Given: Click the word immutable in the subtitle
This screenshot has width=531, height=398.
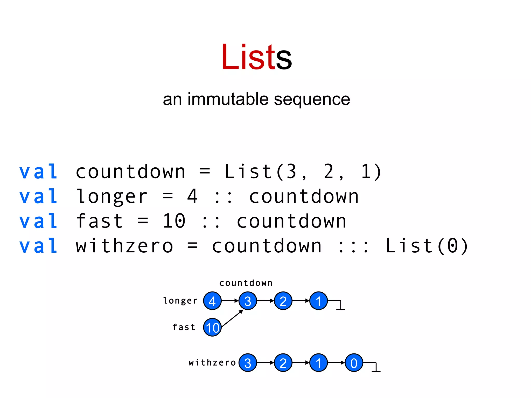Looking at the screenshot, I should coord(228,99).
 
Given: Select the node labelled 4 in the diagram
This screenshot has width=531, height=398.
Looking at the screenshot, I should coord(212,301).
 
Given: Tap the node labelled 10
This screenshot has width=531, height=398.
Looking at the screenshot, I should coord(212,328).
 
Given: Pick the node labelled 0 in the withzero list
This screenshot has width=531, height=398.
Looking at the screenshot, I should coord(354,363).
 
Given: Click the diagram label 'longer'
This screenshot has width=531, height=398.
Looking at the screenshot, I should coord(180,301).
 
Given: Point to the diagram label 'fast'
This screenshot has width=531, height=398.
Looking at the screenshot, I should coord(184,327).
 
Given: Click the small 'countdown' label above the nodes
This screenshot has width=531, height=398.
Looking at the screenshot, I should coord(246,283).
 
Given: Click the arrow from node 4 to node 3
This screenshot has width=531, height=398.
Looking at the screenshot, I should coord(230,301).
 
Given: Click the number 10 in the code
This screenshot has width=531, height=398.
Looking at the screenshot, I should coord(174,221).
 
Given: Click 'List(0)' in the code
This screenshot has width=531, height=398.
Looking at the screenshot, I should coord(427,246).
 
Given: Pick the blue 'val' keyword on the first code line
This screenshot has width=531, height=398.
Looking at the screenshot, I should coord(38,172).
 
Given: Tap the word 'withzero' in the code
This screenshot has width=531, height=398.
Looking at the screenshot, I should coord(124,246).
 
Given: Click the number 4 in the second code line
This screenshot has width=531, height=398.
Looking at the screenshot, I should coord(192,196).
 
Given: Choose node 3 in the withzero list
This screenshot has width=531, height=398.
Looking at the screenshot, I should coord(248,363).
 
